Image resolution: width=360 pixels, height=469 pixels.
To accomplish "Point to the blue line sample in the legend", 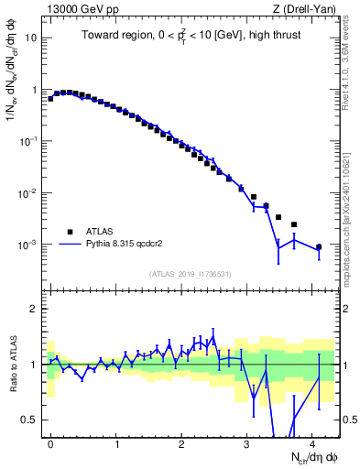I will click(x=70, y=245).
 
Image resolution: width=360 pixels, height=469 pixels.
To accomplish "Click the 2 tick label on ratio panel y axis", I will click(x=34, y=309).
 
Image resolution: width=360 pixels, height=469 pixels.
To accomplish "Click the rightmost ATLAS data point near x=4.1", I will click(x=318, y=247).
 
